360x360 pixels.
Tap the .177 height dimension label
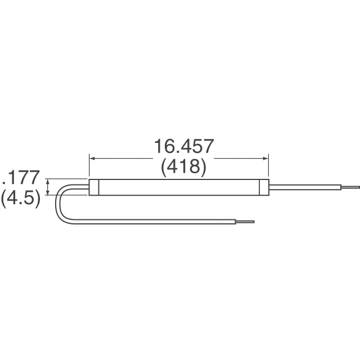click(21, 179)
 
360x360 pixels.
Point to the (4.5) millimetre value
click(21, 200)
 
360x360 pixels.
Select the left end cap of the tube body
click(94, 187)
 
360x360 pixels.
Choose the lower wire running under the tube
click(157, 220)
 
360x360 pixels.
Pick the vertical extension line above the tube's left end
click(89, 168)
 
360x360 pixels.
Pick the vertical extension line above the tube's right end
click(268, 168)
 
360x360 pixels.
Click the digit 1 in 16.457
click(158, 147)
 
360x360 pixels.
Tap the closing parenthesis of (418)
click(203, 168)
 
